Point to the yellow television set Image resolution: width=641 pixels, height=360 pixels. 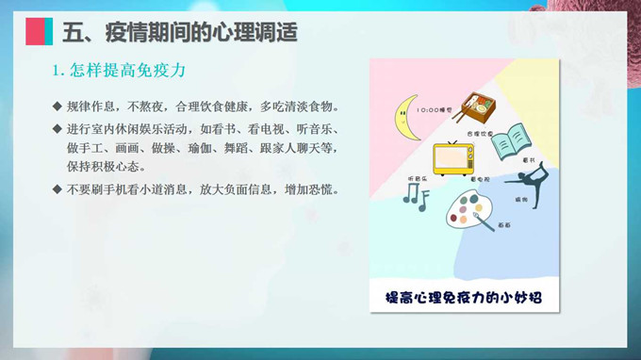[453, 158]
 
